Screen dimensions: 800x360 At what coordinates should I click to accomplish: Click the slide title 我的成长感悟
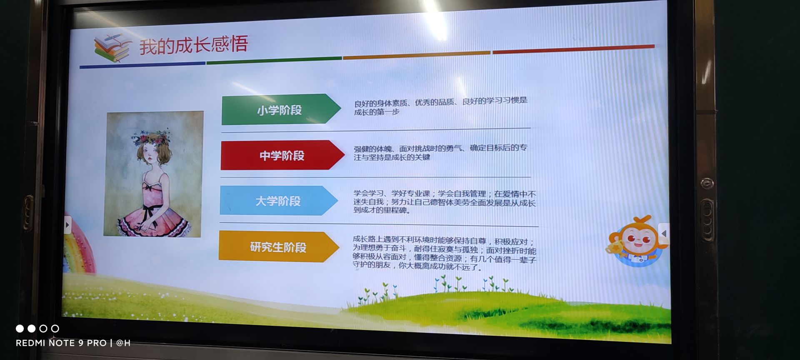193,44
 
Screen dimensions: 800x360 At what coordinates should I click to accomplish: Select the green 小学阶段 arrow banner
281,109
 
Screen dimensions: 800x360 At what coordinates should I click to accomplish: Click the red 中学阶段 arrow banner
282,155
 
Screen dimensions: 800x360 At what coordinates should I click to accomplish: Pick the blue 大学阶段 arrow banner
278,200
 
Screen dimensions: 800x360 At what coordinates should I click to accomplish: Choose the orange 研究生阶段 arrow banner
278,247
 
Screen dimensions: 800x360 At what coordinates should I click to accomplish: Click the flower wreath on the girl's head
152,138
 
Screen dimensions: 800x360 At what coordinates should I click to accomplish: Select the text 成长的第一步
377,112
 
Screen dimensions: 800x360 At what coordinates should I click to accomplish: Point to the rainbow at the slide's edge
78,246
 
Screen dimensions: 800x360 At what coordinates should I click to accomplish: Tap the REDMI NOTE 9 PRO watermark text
61,343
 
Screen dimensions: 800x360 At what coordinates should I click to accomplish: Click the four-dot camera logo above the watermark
37,328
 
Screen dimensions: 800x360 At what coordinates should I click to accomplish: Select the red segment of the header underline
573,49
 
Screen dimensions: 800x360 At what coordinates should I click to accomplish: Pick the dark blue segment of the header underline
142,65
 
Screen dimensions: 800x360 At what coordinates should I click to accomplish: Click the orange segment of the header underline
417,55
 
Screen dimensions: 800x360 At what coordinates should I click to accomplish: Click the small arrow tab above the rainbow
67,225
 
